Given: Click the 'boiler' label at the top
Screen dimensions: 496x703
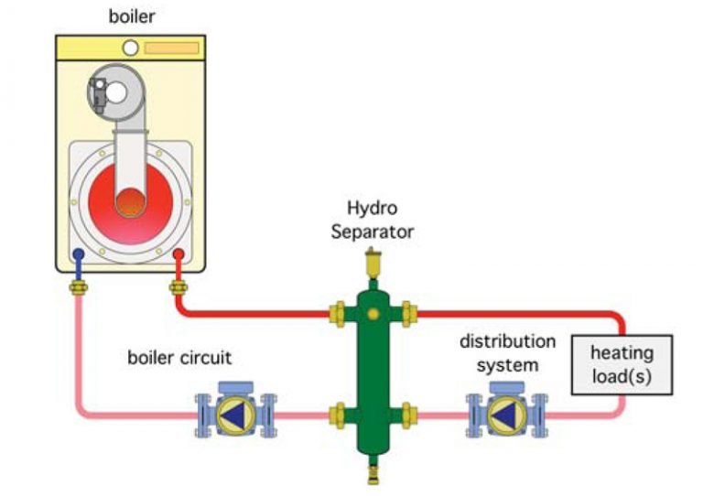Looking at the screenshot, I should pos(131,16).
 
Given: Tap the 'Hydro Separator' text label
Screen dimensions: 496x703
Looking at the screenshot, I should pos(375,221).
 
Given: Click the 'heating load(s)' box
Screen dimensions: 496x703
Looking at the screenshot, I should pos(622,363).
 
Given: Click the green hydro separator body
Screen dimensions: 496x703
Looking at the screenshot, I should pos(373,366).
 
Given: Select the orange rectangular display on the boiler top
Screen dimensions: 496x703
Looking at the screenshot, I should pos(172,48).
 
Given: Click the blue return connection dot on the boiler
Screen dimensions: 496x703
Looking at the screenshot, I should pos(80,255).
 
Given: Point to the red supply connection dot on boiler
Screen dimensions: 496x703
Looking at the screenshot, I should pos(179,255).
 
